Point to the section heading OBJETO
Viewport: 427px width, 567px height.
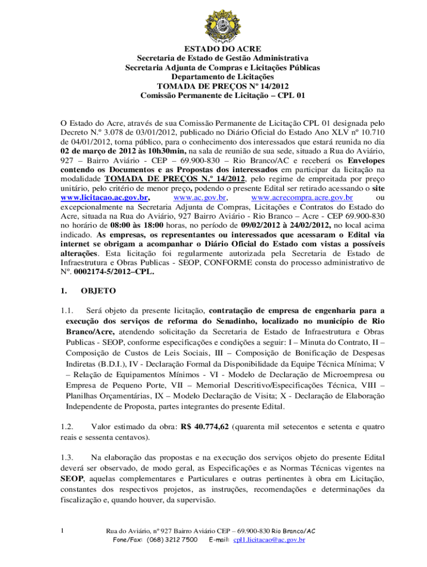coord(98,290)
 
